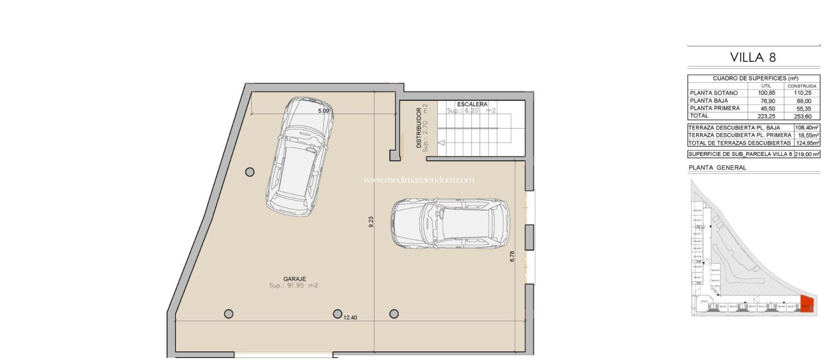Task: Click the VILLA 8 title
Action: click(753, 57)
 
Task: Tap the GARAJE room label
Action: click(294, 279)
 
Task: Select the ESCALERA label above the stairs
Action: click(472, 104)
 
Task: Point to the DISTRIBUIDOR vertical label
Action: click(419, 128)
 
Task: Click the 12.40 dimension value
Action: click(350, 317)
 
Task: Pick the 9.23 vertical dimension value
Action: click(371, 222)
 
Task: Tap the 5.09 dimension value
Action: click(324, 111)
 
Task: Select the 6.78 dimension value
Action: click(512, 256)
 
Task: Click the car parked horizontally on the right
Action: click(450, 223)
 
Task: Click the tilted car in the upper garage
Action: click(300, 157)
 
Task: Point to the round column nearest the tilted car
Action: click(250, 172)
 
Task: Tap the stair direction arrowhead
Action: click(441, 143)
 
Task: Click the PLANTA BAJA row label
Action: click(709, 101)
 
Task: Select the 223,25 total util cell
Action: click(766, 116)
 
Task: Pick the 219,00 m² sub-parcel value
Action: click(807, 154)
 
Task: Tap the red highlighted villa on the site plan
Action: click(806, 304)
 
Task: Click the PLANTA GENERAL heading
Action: click(717, 167)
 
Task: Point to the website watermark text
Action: click(419, 180)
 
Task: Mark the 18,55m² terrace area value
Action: click(808, 135)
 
